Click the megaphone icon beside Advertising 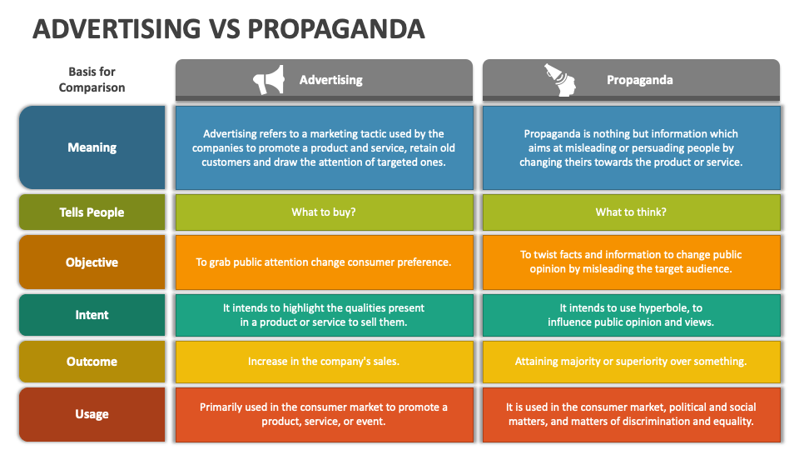click(x=269, y=80)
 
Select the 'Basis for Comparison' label click(x=92, y=80)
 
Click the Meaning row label click(x=92, y=147)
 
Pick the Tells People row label click(x=92, y=212)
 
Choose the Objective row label click(x=92, y=262)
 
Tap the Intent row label click(x=92, y=315)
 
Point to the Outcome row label click(x=92, y=362)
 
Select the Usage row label click(x=92, y=414)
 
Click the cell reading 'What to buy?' click(x=324, y=212)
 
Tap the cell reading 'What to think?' click(x=631, y=212)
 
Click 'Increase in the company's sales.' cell click(x=324, y=362)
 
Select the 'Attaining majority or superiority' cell click(x=631, y=362)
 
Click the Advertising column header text click(x=330, y=80)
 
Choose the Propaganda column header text click(x=639, y=80)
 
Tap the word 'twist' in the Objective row click(x=548, y=255)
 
